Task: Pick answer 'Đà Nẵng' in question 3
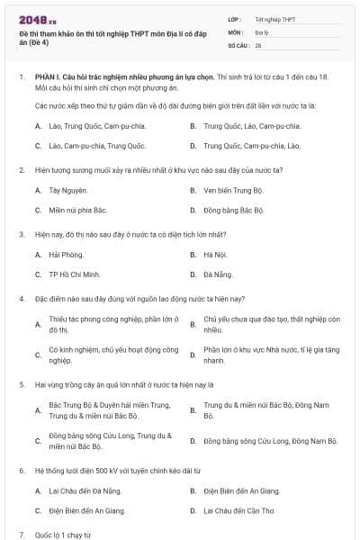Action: [x=218, y=274]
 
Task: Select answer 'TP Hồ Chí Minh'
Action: [x=75, y=274]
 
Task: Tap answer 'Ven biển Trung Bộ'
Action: [x=234, y=190]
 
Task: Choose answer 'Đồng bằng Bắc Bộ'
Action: [x=234, y=210]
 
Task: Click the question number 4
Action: [x=21, y=298]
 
